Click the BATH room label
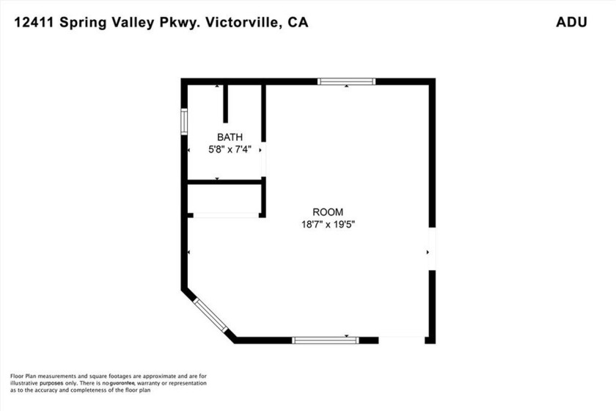230,137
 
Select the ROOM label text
328,212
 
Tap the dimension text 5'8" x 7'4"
230,150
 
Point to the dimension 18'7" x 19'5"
328,225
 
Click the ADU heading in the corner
571,22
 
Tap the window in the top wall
346,81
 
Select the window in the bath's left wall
184,122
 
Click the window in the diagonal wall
210,316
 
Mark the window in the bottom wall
326,341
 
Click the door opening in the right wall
432,249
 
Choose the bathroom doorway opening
263,159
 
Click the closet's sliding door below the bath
226,215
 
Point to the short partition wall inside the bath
226,103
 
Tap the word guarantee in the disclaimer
122,383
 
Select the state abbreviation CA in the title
298,22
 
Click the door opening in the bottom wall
402,341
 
